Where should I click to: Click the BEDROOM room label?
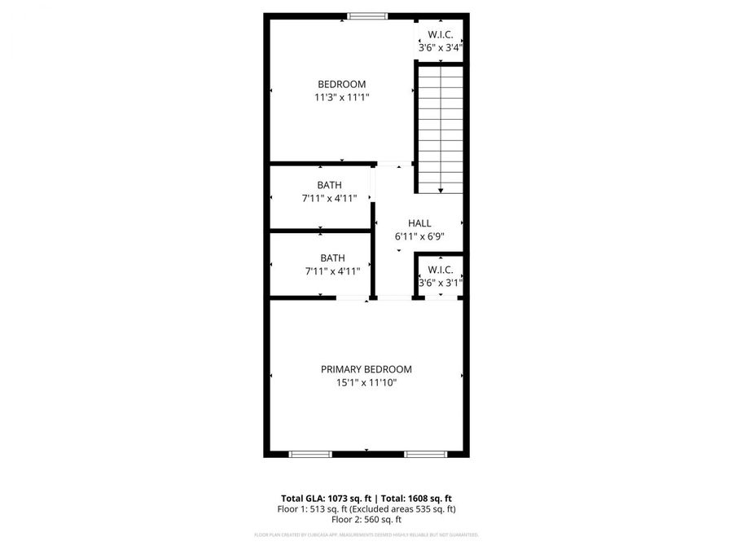(341, 84)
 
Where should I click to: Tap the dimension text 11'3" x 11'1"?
(341, 97)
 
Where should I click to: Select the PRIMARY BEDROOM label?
(366, 369)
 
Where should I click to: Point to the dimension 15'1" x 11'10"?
(366, 382)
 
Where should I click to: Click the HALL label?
(419, 223)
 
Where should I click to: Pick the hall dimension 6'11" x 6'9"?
(419, 236)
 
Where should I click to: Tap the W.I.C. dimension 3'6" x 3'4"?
(441, 47)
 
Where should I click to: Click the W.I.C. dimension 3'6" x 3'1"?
(440, 283)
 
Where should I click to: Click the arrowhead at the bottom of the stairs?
(441, 190)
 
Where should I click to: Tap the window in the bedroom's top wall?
(367, 15)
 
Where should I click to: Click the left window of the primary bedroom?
(310, 454)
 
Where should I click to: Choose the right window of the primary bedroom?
(424, 454)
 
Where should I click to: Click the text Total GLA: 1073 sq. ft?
(319, 498)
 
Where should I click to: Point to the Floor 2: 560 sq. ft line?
(366, 520)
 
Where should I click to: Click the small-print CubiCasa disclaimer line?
(366, 535)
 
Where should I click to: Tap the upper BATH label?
(330, 184)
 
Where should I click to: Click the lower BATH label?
(332, 258)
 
